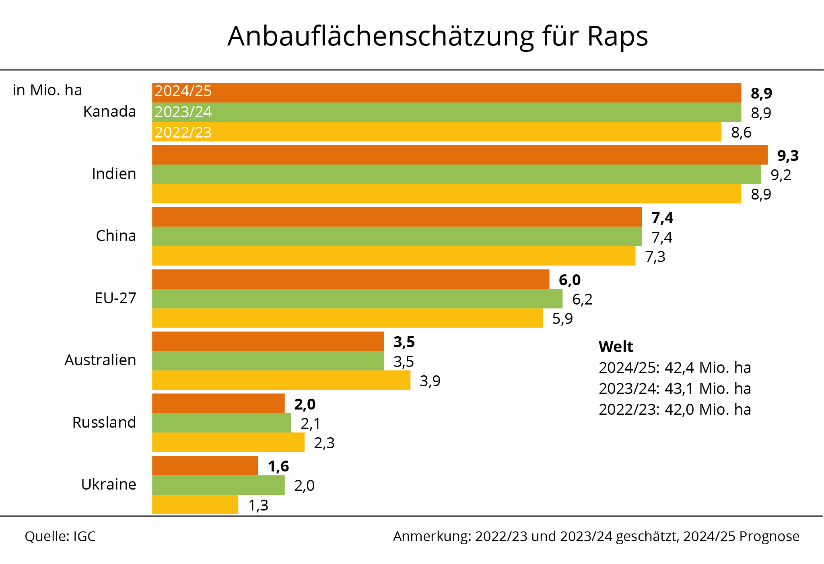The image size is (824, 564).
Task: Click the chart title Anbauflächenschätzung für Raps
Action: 437,36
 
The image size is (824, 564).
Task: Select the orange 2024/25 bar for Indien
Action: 459,155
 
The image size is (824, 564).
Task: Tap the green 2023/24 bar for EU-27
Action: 357,298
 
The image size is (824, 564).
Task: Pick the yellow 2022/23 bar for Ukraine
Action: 195,504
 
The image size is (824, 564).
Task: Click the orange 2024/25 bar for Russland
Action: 218,403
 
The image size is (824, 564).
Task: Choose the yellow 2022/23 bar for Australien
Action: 281,380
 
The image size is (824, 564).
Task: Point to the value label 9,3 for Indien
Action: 788,156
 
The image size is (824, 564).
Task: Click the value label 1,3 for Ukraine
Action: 258,505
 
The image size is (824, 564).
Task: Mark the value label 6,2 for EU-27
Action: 582,299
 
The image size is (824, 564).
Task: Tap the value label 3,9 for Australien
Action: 430,381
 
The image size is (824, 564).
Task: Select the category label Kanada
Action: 109,111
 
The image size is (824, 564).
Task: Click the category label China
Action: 116,236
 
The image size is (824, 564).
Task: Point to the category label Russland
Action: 104,422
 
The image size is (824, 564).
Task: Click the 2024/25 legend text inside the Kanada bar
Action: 183,91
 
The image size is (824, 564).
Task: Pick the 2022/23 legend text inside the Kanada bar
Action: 183,132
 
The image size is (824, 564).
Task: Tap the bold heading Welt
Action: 616,347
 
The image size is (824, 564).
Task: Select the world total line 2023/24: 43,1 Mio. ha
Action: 675,389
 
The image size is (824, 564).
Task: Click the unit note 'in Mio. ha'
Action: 47,91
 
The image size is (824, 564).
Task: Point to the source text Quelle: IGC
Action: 60,536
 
